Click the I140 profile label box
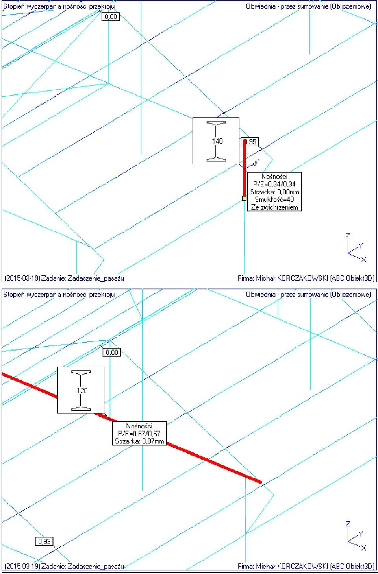point(216,141)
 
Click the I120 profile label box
point(81,390)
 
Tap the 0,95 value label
point(250,142)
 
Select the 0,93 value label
point(44,541)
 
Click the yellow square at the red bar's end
point(244,198)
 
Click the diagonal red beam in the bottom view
point(131,428)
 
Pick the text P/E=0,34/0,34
point(274,184)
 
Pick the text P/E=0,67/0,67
point(139,433)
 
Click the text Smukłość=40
point(274,199)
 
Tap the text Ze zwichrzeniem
point(274,207)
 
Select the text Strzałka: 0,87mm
point(139,441)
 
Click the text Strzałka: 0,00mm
point(274,192)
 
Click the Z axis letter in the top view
point(348,236)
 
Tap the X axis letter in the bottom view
point(363,548)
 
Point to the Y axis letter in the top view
point(361,246)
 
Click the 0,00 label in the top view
point(111,17)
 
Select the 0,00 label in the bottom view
point(112,353)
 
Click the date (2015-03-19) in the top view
point(22,278)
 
